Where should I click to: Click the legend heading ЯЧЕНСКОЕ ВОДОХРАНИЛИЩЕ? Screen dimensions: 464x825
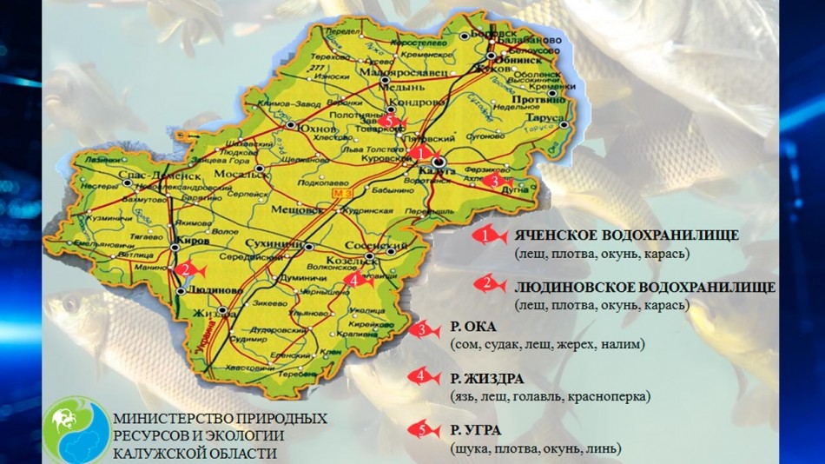[625, 235]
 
